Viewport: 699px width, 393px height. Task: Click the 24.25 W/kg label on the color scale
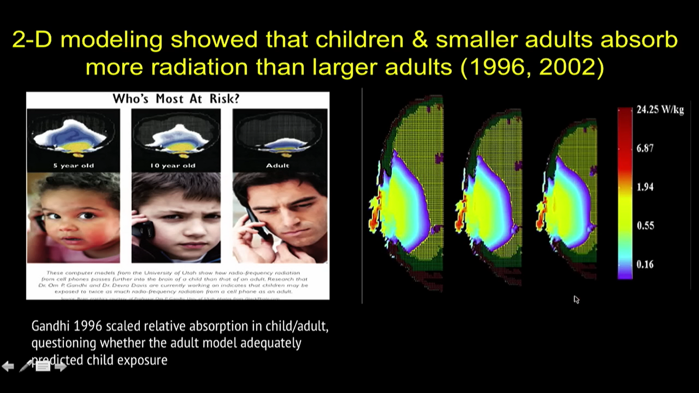tap(660, 110)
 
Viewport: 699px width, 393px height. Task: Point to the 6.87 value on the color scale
tap(645, 148)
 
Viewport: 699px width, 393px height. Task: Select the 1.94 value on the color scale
tap(645, 187)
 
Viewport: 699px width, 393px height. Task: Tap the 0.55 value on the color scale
tap(645, 226)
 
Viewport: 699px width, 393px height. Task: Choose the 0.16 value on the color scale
tap(645, 264)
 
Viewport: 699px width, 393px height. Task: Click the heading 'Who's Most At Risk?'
tap(176, 99)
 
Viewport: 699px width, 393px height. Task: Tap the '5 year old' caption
tap(74, 166)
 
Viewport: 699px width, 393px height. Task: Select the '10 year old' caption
tap(173, 166)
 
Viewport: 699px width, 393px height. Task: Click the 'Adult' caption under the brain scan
tap(278, 166)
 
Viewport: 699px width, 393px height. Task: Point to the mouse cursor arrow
tap(576, 299)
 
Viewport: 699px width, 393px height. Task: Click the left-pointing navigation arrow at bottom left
tap(8, 366)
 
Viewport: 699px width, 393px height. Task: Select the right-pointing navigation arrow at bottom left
tap(60, 366)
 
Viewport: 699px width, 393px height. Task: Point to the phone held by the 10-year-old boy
tap(143, 227)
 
